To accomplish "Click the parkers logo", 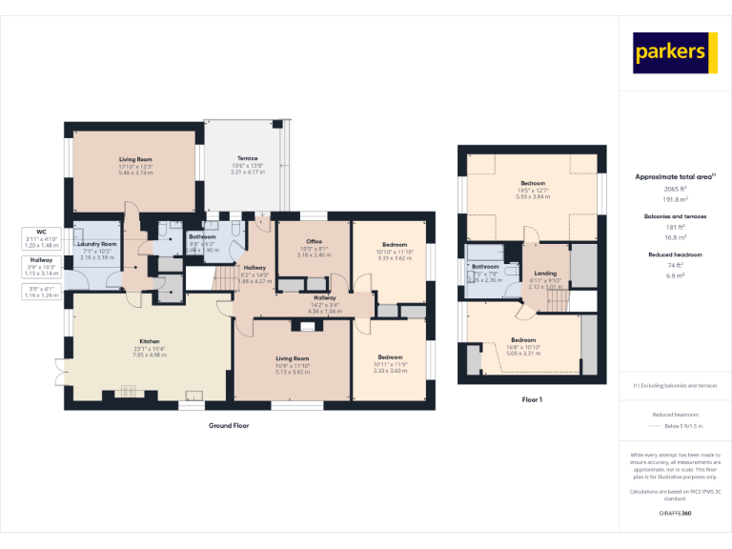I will pos(675,52).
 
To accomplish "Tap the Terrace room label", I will pos(247,158).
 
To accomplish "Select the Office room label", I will pos(314,242).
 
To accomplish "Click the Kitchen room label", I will pos(150,341).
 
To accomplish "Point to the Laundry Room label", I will pos(97,244).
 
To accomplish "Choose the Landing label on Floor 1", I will pos(545,273).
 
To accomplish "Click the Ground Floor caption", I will pos(229,425).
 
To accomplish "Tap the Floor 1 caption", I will pos(532,399).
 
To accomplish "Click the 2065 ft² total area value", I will pos(675,189).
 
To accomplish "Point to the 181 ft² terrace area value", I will pos(675,227).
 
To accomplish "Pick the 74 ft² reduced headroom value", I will pos(675,266).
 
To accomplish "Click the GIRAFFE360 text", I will pos(675,514).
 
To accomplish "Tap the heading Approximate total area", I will pos(673,177).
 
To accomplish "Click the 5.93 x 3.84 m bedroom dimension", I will pos(533,196).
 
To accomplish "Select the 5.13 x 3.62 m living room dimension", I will pos(294,371).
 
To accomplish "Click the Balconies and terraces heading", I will pos(675,216).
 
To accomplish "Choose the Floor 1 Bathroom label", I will pos(485,266).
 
